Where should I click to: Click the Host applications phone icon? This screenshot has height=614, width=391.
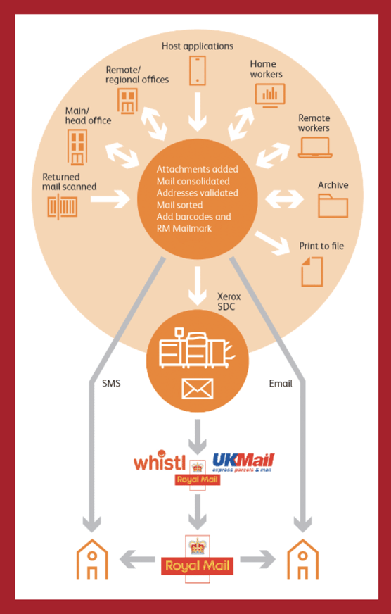tap(198, 70)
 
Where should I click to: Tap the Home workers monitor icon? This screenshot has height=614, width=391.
tap(270, 95)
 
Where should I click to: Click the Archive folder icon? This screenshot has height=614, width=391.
tap(333, 206)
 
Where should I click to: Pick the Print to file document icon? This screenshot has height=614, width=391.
tap(312, 271)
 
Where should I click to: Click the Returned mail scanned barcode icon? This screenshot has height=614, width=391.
tap(63, 206)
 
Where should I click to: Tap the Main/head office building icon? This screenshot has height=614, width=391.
tap(77, 147)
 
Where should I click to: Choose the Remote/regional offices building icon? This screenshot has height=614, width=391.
tap(127, 101)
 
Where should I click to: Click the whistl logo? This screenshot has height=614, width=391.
tap(159, 461)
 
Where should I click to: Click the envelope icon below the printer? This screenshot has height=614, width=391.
tap(198, 389)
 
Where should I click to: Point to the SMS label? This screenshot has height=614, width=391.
tap(111, 384)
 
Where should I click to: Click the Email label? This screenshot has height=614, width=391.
tap(281, 384)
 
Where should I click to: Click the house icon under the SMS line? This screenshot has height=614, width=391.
tap(92, 559)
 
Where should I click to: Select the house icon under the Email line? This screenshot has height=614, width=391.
tap(302, 559)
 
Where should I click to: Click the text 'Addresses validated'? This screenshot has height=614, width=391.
tap(198, 193)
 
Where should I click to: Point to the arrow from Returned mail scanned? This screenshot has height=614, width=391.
tap(110, 199)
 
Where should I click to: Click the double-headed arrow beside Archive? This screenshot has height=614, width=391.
tap(284, 199)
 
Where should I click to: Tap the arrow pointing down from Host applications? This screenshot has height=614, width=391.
tap(198, 112)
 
